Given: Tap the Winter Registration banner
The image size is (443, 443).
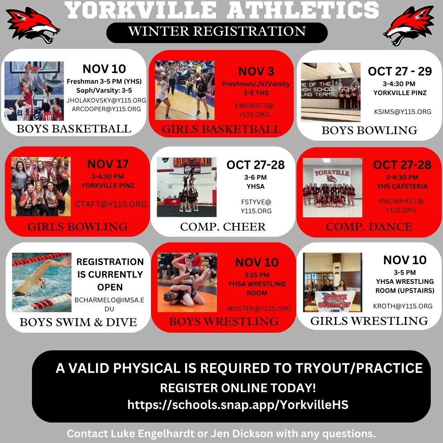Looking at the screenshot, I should point(217,32).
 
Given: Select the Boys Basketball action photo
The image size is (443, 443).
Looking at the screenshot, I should point(34,91).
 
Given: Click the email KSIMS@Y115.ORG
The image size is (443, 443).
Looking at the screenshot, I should point(402,112).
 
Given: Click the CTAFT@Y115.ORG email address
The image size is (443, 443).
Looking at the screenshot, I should point(110,204).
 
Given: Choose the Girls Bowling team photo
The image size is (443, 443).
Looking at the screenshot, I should point(41,187).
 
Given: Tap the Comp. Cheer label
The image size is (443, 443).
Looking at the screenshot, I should point(223,227).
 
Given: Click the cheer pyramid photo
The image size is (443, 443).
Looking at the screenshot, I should point(187,187).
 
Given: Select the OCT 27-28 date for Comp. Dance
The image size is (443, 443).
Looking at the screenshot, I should point(402,165).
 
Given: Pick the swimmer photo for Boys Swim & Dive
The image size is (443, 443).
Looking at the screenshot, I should point(42,282).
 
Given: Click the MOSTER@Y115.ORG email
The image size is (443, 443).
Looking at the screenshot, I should point(259,308).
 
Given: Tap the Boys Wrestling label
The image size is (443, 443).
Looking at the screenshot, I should point(224,321).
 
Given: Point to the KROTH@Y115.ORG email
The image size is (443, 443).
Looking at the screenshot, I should point(402,306).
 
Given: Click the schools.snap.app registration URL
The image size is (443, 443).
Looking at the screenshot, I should point(238,405).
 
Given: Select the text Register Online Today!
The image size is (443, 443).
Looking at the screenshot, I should point(238,388).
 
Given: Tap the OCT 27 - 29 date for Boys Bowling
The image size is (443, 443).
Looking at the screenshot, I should point(400,71).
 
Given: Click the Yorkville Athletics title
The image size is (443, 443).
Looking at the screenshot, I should point(222,10).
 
